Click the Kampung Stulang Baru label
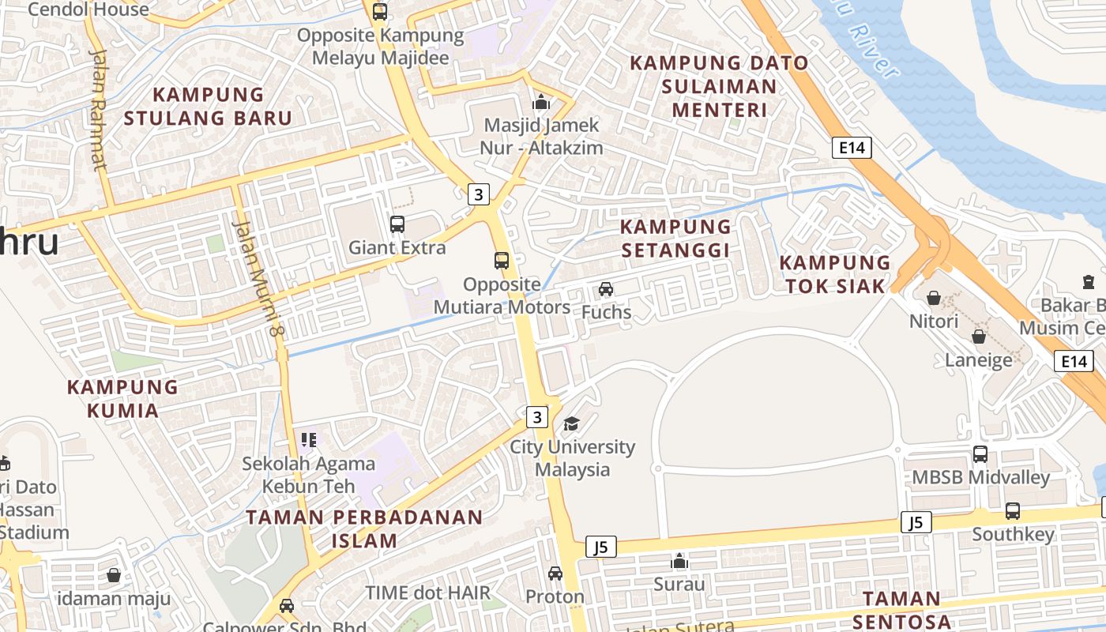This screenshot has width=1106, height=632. tap(208, 106)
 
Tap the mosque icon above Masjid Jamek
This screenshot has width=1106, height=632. tap(541, 102)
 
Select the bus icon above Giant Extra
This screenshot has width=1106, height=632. tap(397, 224)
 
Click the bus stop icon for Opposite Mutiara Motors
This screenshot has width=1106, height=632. tap(502, 261)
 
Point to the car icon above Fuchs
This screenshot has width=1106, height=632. tap(606, 289)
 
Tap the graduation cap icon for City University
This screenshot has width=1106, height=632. tap(571, 424)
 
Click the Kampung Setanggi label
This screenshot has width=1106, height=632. tap(675, 238)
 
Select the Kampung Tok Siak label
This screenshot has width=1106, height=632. tap(835, 274)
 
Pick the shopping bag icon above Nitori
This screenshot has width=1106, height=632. tap(934, 298)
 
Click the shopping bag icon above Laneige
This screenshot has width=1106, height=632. tap(979, 337)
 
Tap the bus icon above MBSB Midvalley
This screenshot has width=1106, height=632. tap(980, 454)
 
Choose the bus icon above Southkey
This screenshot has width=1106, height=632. tap(1013, 511)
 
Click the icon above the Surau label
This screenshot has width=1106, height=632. tap(679, 562)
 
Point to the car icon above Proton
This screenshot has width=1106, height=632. tap(555, 574)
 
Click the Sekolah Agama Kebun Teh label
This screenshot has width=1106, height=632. tap(299, 474)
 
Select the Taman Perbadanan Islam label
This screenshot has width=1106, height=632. tap(364, 529)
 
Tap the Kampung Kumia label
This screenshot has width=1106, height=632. tap(122, 398)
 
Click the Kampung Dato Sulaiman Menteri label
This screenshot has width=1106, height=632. tap(719, 85)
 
